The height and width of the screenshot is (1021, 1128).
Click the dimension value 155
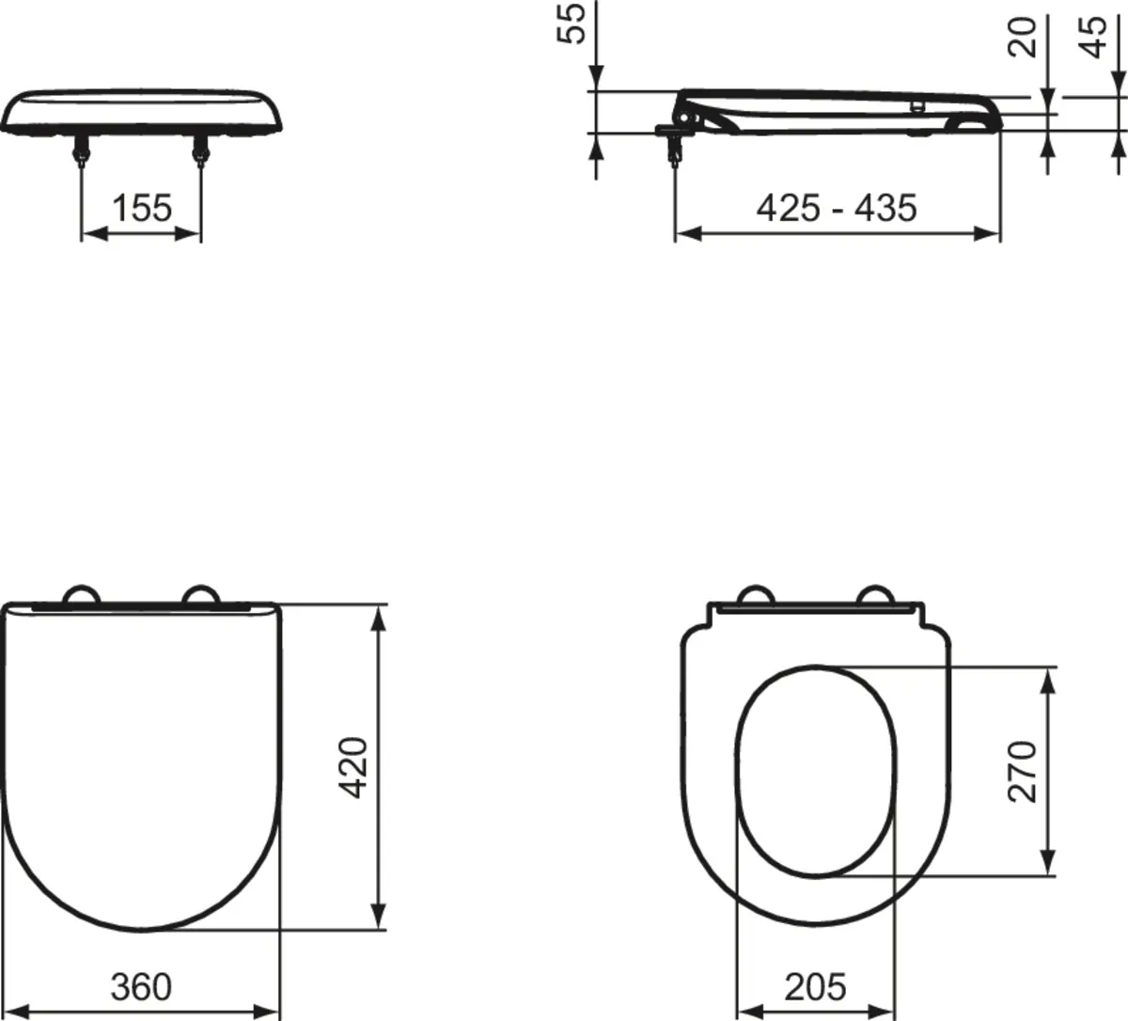(x=142, y=207)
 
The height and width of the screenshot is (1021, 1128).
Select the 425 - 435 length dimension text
(x=836, y=207)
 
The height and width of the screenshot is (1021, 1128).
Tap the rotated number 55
(x=572, y=22)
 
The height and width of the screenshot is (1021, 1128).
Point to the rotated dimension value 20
(x=1022, y=37)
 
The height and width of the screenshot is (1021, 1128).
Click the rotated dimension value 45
(x=1093, y=37)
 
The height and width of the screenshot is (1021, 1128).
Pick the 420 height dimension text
(x=353, y=768)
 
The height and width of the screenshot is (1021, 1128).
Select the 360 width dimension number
(x=141, y=986)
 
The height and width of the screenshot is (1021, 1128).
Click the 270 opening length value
(x=1022, y=771)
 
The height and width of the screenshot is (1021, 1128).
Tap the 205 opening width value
(x=815, y=986)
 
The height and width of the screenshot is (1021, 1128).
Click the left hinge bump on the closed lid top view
(x=81, y=594)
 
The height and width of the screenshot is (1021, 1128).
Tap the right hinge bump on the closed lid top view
(x=200, y=594)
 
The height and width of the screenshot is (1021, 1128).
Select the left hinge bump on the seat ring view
(x=758, y=594)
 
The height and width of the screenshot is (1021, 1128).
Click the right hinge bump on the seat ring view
(x=876, y=594)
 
